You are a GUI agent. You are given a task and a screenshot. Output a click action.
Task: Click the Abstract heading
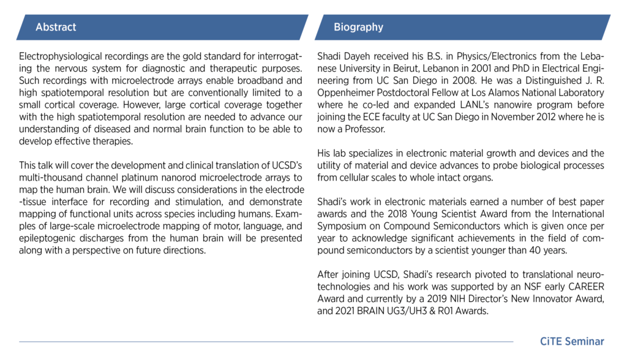coord(56,28)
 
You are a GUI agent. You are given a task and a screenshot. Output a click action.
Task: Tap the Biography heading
coord(358,28)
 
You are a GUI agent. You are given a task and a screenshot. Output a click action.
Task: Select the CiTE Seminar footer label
coord(572,342)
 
